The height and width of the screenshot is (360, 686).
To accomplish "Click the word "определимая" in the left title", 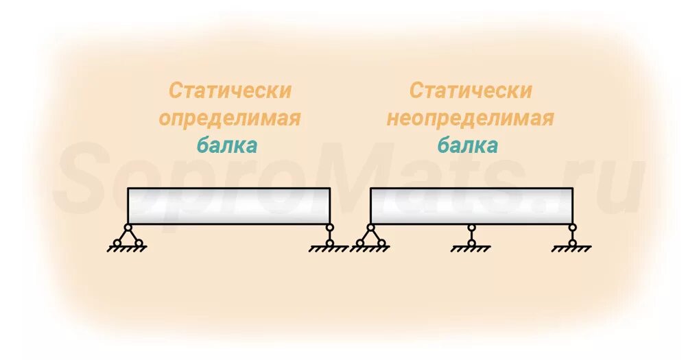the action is pos(230,118).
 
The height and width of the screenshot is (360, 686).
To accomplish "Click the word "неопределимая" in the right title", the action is pos(470,118).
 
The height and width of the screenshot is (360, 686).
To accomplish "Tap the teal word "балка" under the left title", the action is pos(227,145).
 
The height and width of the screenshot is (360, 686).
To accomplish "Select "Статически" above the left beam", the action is pos(230,91).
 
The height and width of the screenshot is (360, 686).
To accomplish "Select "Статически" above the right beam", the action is pos(471,91).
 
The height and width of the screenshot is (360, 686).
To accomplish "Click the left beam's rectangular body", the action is pos(228,206).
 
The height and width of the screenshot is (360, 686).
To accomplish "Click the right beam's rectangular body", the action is pos(471,206).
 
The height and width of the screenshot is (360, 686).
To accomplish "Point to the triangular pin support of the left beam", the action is pos(128,236).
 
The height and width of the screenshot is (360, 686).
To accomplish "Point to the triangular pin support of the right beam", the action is pos(370,236).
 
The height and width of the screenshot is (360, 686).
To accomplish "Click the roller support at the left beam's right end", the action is pos(329,235).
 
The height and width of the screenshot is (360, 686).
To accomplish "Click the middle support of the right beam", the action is pos(471,235).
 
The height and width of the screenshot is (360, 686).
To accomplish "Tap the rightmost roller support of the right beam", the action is pos(572,235).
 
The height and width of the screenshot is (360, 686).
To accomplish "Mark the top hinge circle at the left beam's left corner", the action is pos(128,227).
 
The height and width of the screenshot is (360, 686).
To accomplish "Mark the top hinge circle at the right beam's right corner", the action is pos(572,227).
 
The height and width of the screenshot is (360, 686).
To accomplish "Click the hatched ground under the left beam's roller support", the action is pos(329,249).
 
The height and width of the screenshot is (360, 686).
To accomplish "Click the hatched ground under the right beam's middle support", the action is pos(471,249).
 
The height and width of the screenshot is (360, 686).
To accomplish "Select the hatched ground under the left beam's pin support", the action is pos(128,249).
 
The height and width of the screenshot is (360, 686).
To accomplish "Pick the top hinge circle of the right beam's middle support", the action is pos(471,227).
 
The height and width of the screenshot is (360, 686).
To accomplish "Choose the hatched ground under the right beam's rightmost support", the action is pos(572,249).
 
